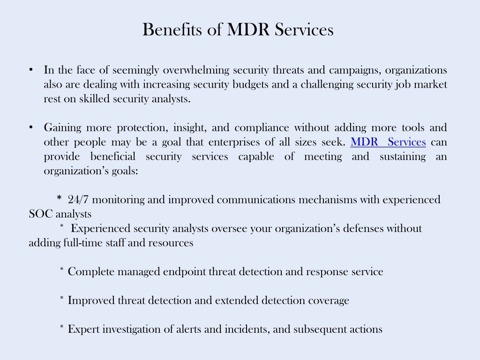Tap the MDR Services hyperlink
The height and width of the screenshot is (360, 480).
click(388, 142)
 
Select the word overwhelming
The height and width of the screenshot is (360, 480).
click(196, 70)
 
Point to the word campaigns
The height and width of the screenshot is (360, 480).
click(355, 70)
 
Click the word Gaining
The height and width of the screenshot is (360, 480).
click(62, 128)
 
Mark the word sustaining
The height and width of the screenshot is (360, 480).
click(403, 157)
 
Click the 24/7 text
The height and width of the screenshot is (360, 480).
click(78, 200)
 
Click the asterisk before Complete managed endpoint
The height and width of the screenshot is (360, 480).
click(62, 270)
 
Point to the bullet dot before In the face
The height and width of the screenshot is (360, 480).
click(31, 70)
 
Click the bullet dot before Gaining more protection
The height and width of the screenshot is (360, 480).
click(31, 127)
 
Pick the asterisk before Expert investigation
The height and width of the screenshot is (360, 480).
click(62, 327)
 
